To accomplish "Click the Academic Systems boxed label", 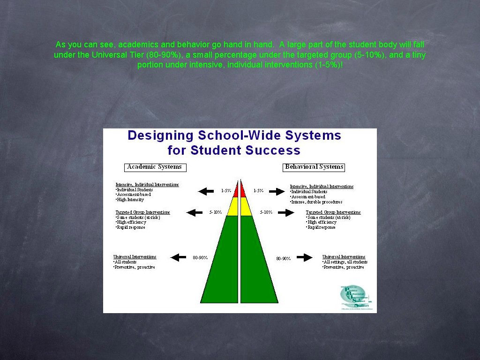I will pos(155,167).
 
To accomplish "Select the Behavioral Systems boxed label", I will pos(314,167).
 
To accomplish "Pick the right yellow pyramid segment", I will pos(246,207).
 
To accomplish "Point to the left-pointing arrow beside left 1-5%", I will pos(206,191).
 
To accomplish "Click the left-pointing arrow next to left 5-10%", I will pos(194,212).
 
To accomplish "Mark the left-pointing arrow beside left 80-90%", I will pos(178,257).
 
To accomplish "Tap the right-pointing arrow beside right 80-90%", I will pos(305,257).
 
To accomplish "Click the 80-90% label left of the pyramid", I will pos(200,257).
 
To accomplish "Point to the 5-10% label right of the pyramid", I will pos(266,212).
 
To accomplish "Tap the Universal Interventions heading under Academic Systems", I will pos(135,257).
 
